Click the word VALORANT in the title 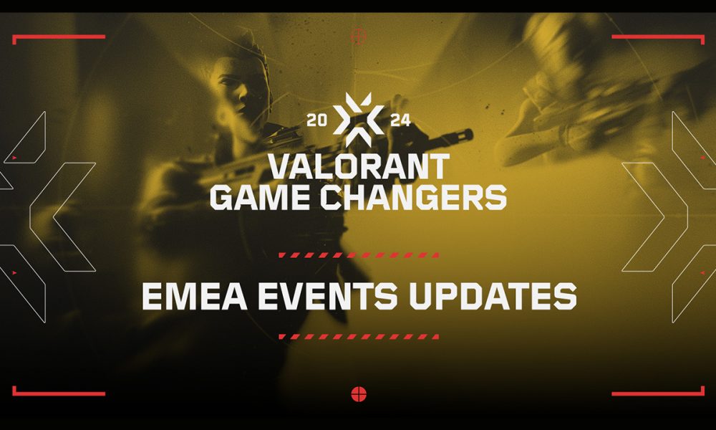(x=358, y=166)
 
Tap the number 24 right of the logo (x=400, y=120)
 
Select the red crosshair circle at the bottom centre (x=359, y=393)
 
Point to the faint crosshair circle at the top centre (x=359, y=34)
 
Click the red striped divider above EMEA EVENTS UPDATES (x=359, y=255)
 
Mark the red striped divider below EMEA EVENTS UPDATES (x=359, y=336)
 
